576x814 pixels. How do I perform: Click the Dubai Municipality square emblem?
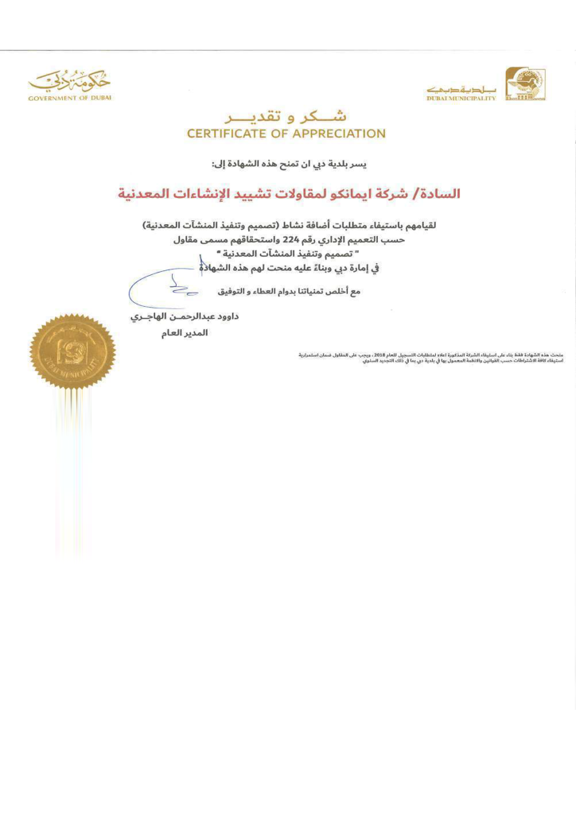(x=525, y=83)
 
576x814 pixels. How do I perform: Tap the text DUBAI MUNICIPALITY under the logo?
(x=461, y=99)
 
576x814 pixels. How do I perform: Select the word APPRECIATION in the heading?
(x=340, y=134)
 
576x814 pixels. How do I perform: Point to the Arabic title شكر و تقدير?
(x=286, y=116)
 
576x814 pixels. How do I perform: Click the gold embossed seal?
(x=72, y=351)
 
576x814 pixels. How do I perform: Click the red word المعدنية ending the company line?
(x=146, y=193)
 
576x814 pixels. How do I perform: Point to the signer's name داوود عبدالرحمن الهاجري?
(x=184, y=316)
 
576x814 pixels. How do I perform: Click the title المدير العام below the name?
(x=184, y=333)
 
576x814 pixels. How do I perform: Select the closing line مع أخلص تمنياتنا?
(x=288, y=292)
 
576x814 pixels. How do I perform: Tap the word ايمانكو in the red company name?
(x=353, y=193)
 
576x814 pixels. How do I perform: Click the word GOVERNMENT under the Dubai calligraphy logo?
(x=53, y=98)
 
